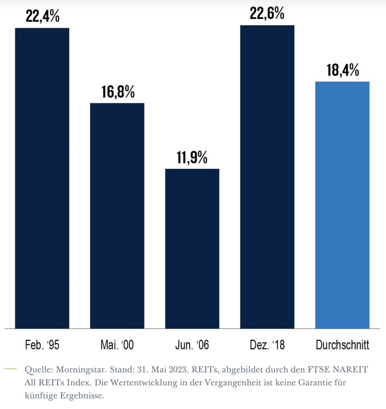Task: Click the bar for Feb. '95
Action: [42, 178]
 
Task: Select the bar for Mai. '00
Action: [117, 216]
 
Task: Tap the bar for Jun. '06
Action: [192, 249]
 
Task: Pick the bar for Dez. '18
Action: [267, 177]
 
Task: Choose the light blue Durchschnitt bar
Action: [342, 205]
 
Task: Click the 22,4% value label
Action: [43, 16]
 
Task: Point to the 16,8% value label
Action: [118, 92]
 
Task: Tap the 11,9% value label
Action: [192, 157]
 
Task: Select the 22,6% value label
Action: [267, 13]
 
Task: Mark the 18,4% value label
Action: [343, 70]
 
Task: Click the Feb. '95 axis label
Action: [42, 345]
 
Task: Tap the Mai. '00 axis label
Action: [117, 345]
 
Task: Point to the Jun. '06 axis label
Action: [192, 345]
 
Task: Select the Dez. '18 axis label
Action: [267, 345]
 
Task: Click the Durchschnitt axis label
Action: [342, 345]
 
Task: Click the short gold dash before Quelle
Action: [10, 369]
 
